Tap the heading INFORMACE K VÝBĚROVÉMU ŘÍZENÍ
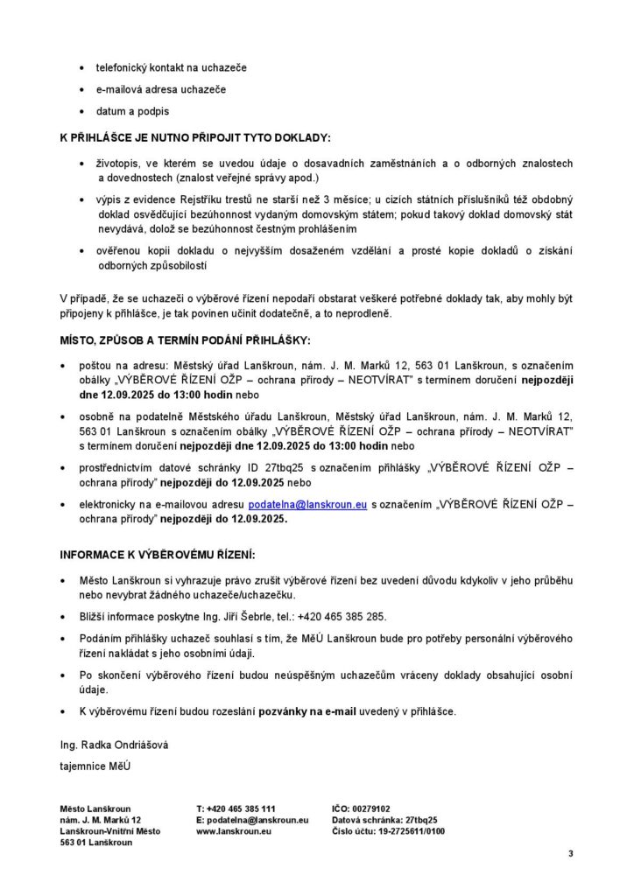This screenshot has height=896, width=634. (157, 555)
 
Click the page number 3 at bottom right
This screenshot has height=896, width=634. (570, 853)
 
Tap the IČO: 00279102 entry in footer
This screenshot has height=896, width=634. (362, 808)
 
